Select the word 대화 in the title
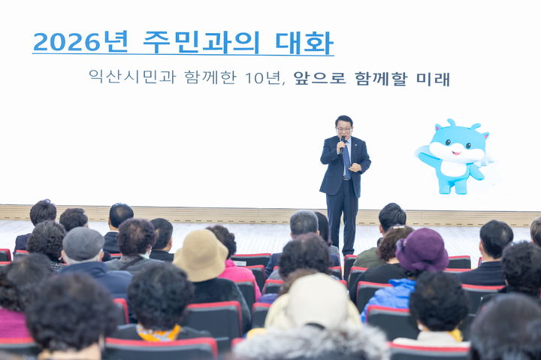(304, 42)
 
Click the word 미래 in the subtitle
(433, 78)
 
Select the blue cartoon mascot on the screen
(455, 156)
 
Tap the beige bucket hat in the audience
(200, 255)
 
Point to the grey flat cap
(83, 244)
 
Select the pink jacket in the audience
(239, 274)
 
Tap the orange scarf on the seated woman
(159, 334)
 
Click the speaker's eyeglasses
(343, 129)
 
